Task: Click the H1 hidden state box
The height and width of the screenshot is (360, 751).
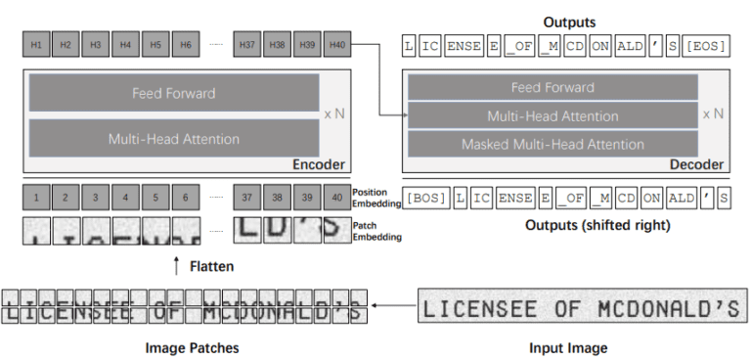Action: tap(35, 44)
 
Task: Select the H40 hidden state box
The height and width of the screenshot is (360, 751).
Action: tap(337, 44)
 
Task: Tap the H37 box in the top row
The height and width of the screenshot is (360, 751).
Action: tap(248, 44)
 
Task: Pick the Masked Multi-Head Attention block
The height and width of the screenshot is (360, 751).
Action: tap(552, 145)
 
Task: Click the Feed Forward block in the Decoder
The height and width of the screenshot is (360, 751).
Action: tap(552, 87)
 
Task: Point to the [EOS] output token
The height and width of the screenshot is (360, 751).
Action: tap(705, 45)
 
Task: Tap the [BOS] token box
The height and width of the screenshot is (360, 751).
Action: tap(425, 198)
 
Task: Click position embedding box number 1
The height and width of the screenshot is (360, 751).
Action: tap(35, 198)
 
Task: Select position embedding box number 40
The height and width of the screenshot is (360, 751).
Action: tap(337, 198)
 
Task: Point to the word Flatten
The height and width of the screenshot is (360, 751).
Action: tap(211, 265)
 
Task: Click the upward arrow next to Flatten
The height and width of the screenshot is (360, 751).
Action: tap(176, 265)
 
